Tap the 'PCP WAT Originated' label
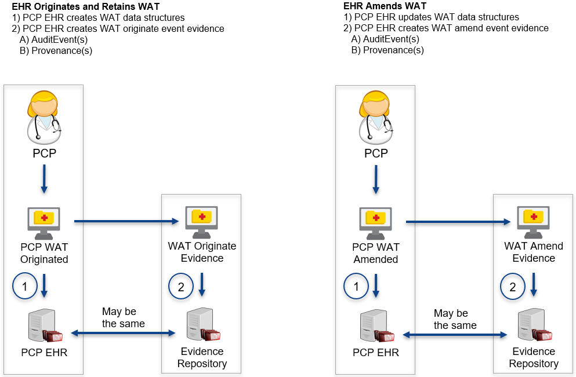[x=44, y=253]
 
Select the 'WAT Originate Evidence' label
[x=202, y=252]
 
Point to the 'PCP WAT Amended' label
[x=376, y=253]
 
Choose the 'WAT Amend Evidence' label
[x=534, y=252]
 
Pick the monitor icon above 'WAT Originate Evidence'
[x=201, y=220]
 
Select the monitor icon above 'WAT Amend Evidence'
[x=533, y=220]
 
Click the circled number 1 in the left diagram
[x=24, y=286]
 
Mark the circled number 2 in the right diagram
[x=512, y=286]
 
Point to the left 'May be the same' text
[x=124, y=318]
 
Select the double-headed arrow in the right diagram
[x=455, y=335]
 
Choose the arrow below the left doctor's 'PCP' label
[x=44, y=180]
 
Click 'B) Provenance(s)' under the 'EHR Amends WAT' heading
[x=387, y=50]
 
